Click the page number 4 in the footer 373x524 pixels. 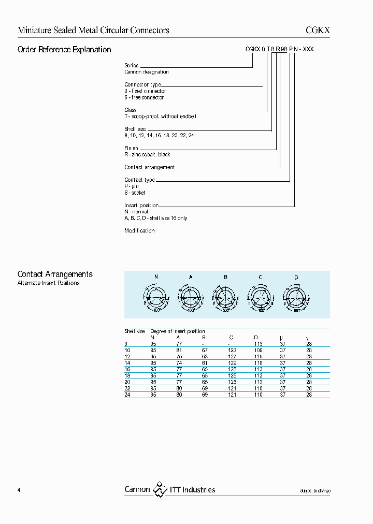[x=19, y=490]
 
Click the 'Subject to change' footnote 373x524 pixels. [x=314, y=491]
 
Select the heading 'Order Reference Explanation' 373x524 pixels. [x=64, y=50]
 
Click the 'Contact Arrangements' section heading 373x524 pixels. [x=55, y=274]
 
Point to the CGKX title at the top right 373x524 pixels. [x=317, y=31]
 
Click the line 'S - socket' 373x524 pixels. [x=135, y=193]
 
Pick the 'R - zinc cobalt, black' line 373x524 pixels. [x=147, y=154]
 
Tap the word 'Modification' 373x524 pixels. [x=139, y=230]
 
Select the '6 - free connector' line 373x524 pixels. [x=144, y=97]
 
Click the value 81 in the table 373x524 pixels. [x=179, y=351]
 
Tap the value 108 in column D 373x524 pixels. [x=258, y=351]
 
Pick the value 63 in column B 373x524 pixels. [x=205, y=357]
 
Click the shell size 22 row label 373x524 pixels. [x=127, y=388]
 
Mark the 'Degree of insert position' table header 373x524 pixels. [x=178, y=331]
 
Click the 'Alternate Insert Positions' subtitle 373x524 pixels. [x=49, y=283]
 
